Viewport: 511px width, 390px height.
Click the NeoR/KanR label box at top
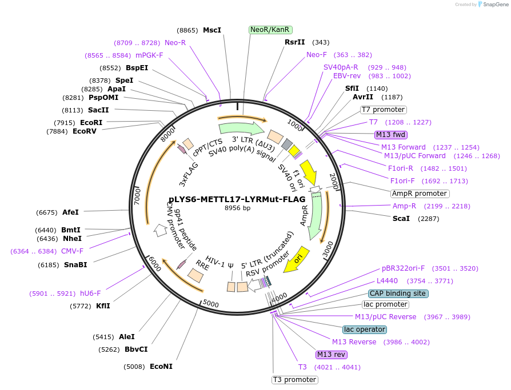(270, 30)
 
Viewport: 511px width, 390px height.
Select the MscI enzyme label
(211, 30)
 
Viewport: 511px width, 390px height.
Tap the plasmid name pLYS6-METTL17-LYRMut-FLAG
(237, 199)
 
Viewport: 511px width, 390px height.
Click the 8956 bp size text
(237, 208)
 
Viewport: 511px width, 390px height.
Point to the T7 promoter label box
(383, 110)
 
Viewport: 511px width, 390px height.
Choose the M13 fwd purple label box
(391, 135)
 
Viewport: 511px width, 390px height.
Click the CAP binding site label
(398, 293)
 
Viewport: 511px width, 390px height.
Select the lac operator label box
(365, 329)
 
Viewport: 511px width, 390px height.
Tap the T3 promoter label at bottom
(294, 380)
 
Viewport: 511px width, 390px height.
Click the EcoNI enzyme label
(161, 367)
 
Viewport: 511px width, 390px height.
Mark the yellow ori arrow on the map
(297, 260)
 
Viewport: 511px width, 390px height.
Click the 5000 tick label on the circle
(211, 304)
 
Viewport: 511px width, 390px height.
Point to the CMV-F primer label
(72, 251)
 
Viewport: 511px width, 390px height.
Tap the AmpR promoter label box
(420, 194)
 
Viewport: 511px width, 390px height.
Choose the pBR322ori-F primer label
(403, 268)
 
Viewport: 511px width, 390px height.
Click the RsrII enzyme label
(296, 42)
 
